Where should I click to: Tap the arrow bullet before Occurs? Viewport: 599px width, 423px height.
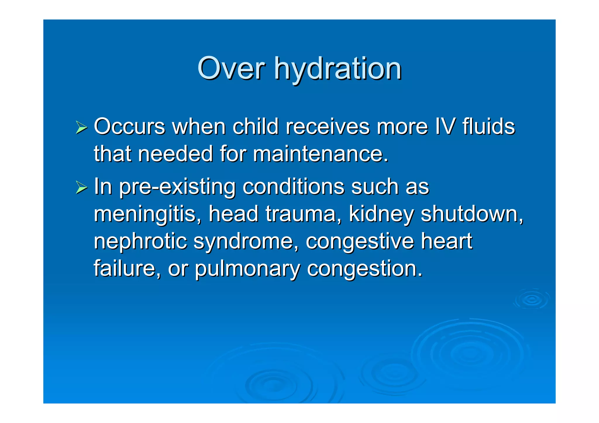pos(81,127)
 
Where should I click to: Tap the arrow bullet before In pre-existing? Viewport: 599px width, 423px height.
pos(81,187)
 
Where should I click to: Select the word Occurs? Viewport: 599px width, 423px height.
pos(130,127)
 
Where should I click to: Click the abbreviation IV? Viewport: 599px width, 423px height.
pos(445,127)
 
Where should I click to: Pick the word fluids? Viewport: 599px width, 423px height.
pos(488,127)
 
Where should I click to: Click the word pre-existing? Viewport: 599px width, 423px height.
pos(177,187)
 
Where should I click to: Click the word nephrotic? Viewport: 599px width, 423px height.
pos(140,241)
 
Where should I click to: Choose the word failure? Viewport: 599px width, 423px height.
pos(127,268)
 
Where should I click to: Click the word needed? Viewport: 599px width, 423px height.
pos(175,154)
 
